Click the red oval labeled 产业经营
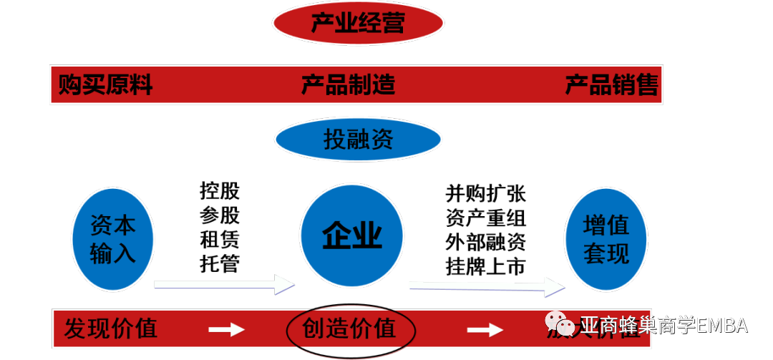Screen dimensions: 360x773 [358, 23]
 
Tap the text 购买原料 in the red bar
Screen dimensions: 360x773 [105, 86]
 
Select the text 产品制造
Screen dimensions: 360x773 [348, 86]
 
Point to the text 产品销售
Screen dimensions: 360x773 [612, 86]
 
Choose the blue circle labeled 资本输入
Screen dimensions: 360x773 [113, 239]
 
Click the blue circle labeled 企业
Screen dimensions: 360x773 [351, 235]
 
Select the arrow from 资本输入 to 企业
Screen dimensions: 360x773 [224, 284]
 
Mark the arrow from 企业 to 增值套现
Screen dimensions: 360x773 [487, 286]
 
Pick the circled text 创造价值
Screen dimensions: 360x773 [350, 329]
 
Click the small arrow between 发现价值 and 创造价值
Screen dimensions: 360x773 [226, 329]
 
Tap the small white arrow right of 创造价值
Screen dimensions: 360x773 [485, 329]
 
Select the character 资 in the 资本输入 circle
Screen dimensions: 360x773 [102, 225]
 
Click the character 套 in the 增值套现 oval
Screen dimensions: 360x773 [594, 253]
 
